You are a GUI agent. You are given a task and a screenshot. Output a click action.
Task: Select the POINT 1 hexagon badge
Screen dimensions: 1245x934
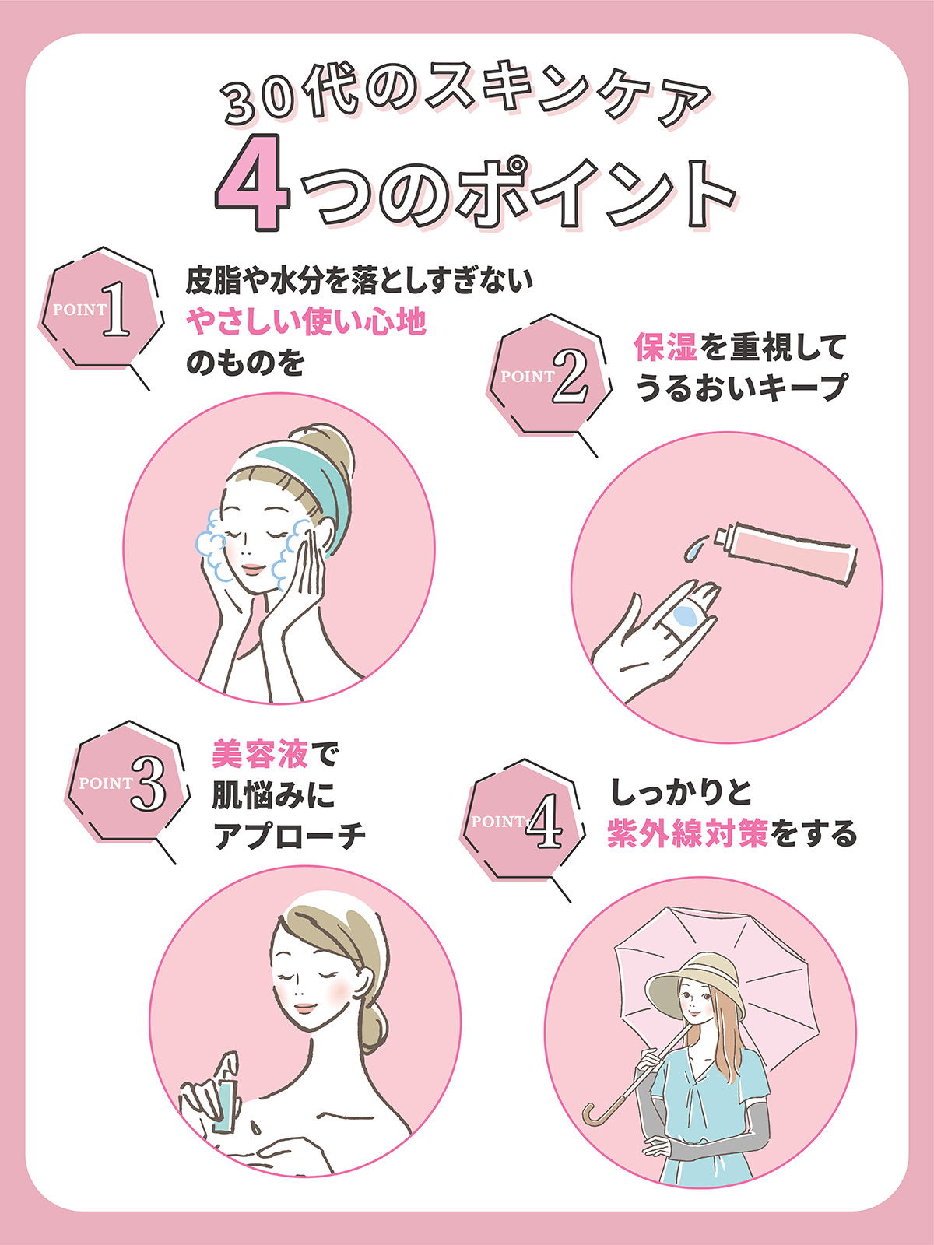pyautogui.click(x=101, y=310)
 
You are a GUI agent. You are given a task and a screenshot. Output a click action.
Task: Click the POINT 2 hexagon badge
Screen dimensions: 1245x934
pyautogui.click(x=550, y=376)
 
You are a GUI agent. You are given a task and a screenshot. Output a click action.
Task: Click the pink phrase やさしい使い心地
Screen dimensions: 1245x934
pyautogui.click(x=306, y=321)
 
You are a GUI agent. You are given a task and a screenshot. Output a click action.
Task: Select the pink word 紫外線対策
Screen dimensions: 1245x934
pyautogui.click(x=687, y=833)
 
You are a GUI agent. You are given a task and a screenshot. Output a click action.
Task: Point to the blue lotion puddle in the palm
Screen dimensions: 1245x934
pyautogui.click(x=685, y=616)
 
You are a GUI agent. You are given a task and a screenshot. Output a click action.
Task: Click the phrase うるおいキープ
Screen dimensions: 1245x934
pyautogui.click(x=741, y=388)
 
